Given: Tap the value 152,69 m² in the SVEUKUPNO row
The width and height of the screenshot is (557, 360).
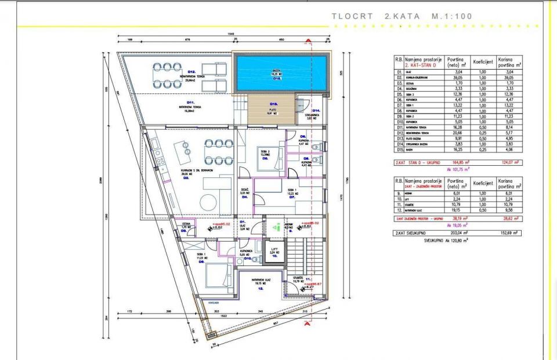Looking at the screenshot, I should tap(509, 232).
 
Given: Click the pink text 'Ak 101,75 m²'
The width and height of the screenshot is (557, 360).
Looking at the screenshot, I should tap(457, 169).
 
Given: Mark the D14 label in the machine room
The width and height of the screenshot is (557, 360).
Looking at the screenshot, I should tap(316, 111).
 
